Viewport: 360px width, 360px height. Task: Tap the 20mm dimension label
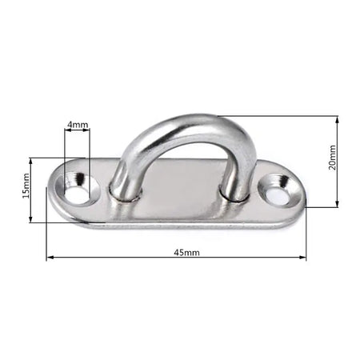[x=333, y=159]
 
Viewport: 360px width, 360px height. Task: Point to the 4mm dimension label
[x=78, y=125]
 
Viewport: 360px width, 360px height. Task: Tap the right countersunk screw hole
[x=275, y=190]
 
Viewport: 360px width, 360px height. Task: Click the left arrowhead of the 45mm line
[x=50, y=258]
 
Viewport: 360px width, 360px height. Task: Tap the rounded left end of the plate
[x=58, y=196]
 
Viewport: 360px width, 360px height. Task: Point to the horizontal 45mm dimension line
[x=120, y=258]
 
